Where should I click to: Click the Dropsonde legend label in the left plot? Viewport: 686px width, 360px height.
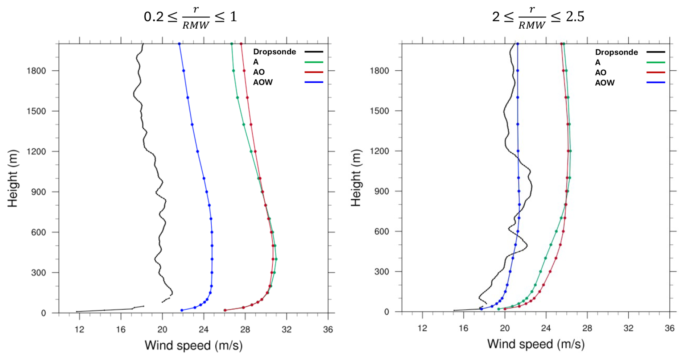click(274, 52)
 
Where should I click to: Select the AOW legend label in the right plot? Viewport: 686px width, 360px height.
click(605, 83)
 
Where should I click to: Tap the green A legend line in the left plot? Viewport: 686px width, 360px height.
click(314, 62)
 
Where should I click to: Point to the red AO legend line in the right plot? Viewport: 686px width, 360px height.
click(656, 73)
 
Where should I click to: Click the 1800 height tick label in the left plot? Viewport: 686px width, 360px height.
click(36, 71)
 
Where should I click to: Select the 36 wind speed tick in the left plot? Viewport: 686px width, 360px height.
click(328, 329)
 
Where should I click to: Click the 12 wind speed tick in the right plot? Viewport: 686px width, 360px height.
click(422, 328)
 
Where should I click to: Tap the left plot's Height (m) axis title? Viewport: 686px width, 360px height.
click(13, 178)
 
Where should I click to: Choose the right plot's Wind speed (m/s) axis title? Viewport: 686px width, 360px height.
click(536, 344)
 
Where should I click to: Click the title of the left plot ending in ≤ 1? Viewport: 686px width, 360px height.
click(190, 17)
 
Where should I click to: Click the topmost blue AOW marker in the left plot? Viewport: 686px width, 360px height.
click(179, 44)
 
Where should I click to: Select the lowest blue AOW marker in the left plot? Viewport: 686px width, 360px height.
click(182, 310)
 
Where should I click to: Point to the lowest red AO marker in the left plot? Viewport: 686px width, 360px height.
click(225, 310)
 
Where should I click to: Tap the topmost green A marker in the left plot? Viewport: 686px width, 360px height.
click(232, 44)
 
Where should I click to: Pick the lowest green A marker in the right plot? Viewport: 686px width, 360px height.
click(499, 309)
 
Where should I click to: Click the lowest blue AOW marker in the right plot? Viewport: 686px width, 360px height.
click(482, 309)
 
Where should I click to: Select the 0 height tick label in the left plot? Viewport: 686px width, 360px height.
click(44, 313)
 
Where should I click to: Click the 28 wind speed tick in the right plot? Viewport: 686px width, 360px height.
click(587, 328)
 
